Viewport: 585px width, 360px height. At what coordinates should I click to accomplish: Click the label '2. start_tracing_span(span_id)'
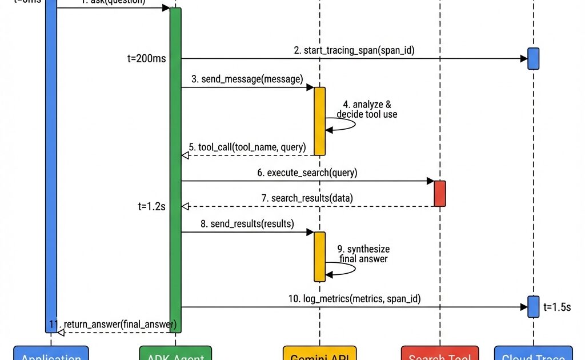[354, 50]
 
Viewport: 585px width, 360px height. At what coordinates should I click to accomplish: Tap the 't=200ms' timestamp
[147, 58]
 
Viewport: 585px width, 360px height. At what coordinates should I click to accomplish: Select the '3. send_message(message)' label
[247, 79]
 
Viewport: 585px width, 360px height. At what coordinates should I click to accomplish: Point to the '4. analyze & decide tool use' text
[367, 109]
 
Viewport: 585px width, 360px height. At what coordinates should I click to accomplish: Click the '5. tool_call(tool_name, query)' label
[247, 147]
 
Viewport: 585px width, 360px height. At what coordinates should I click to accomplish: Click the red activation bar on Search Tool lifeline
[440, 193]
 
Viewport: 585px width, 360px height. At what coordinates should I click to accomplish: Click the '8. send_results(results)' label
[247, 223]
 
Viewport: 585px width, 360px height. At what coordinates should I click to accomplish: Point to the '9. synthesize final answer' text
[363, 254]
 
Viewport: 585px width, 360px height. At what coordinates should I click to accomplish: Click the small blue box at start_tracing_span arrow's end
[533, 58]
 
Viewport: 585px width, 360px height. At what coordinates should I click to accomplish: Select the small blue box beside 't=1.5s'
[533, 306]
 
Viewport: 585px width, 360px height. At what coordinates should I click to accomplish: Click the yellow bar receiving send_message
[319, 121]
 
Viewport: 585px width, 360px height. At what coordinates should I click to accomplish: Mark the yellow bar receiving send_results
[319, 257]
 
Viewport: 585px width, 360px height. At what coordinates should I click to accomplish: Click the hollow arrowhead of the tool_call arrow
[185, 155]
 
